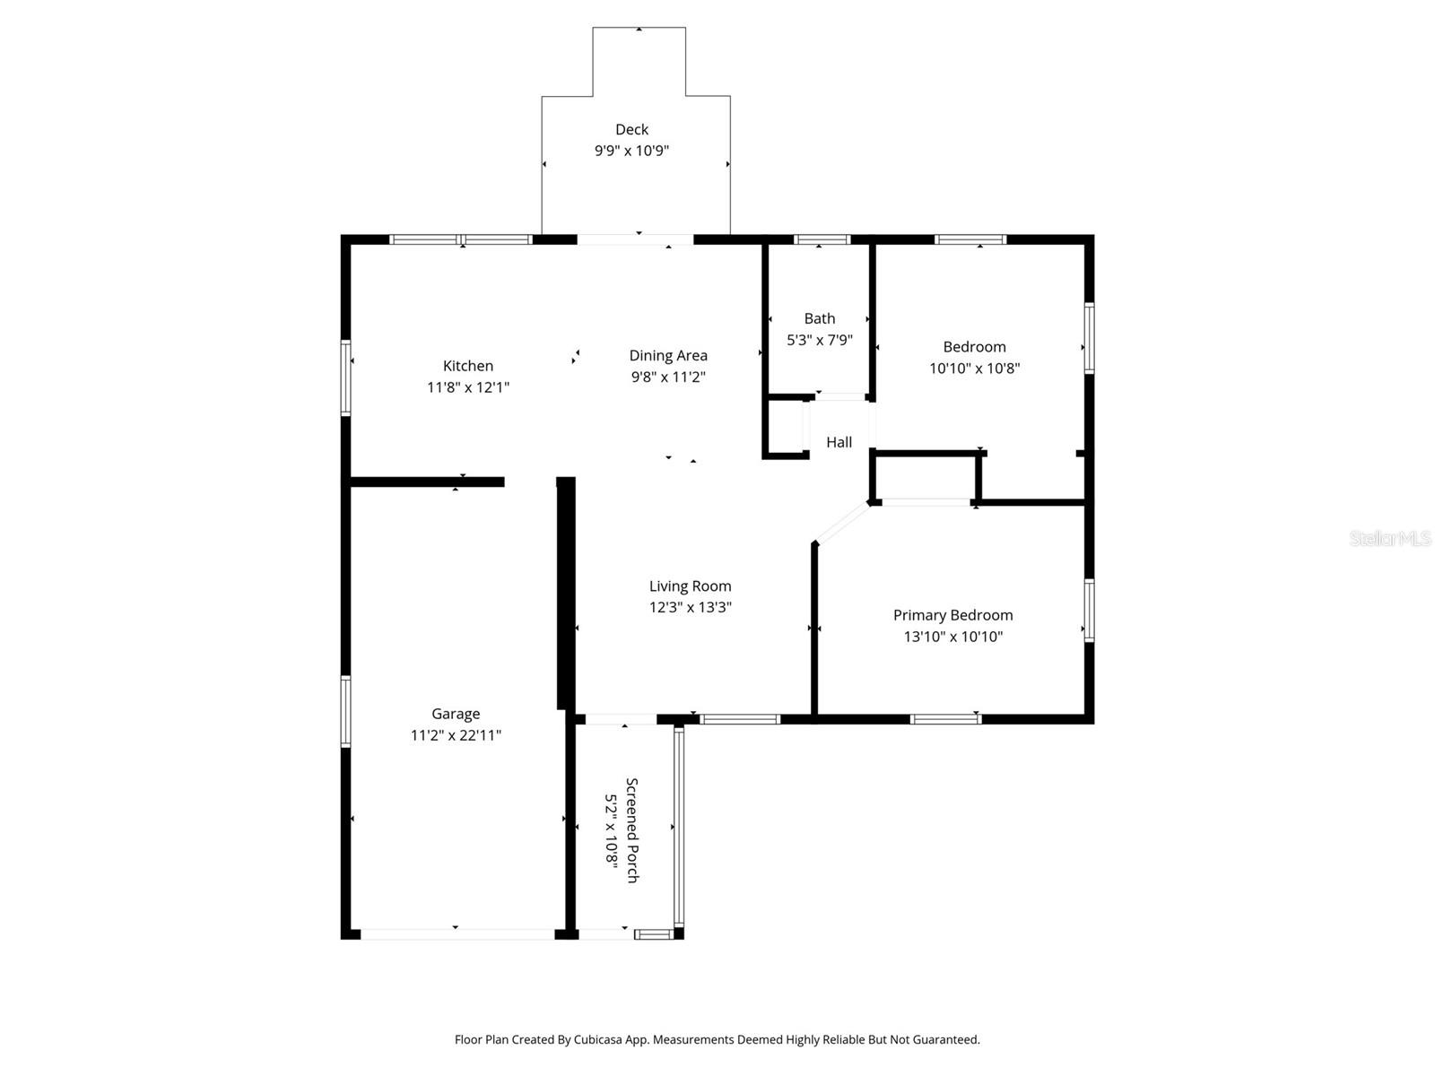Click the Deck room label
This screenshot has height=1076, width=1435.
[631, 130]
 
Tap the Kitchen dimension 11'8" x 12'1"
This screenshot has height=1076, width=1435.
[468, 387]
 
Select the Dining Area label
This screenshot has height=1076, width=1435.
[668, 356]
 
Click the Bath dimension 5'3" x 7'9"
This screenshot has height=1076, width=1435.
[819, 341]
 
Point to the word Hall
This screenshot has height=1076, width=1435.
[839, 442]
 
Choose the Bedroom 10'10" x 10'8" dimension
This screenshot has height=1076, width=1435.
[974, 369]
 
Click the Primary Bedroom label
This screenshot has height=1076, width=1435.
[952, 615]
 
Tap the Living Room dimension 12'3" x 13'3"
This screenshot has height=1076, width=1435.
[690, 607]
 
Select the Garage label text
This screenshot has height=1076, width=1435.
[456, 714]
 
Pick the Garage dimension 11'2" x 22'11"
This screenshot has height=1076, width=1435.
[456, 735]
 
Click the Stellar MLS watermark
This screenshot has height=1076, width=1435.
[1389, 539]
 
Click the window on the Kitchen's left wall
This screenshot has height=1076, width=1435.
[346, 377]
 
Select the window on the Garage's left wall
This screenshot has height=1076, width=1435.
[346, 712]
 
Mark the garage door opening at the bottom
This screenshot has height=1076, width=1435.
[457, 934]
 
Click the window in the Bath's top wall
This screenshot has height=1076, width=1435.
[822, 239]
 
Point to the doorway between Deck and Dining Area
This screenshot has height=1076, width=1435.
[635, 239]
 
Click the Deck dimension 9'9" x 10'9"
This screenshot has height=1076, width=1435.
[631, 152]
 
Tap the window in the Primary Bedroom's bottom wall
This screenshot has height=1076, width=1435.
[945, 718]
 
